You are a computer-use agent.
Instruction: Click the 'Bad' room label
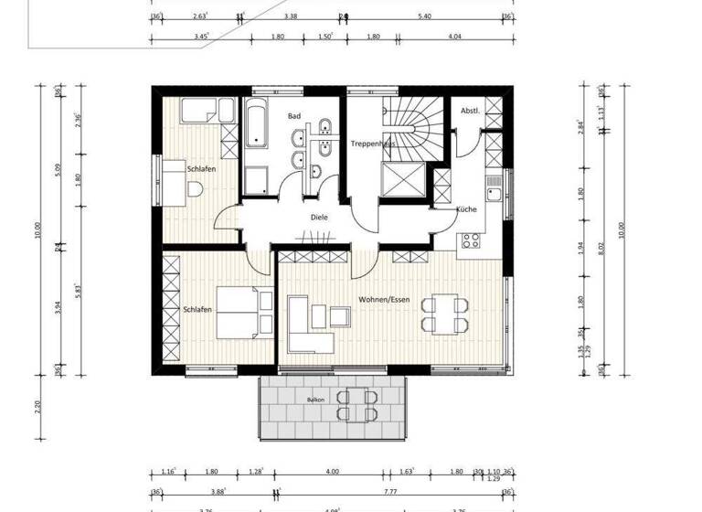coord(293,116)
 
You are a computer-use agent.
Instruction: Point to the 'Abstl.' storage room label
coord(470,111)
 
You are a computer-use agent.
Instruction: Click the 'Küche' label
coord(466,209)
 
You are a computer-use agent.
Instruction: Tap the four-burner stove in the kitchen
coord(471,240)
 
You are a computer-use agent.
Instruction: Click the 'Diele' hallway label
coord(319,218)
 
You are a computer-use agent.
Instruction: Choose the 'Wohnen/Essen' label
coord(384,299)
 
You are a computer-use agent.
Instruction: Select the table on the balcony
coord(354,402)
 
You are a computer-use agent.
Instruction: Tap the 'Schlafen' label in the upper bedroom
coord(201,169)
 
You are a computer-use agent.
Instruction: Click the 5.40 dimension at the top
coord(424,16)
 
